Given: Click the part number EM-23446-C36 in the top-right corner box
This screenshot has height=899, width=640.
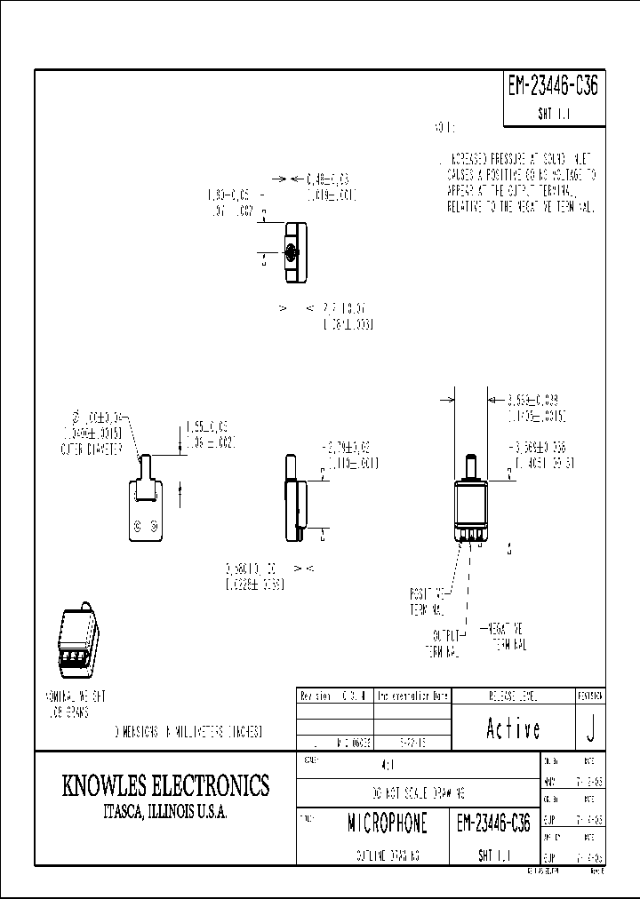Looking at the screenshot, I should [x=553, y=87].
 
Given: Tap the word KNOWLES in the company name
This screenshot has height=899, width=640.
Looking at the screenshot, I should [x=105, y=786].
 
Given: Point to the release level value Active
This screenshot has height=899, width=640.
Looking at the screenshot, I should [x=513, y=728].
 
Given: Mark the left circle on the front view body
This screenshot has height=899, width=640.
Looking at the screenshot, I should [x=138, y=528].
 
